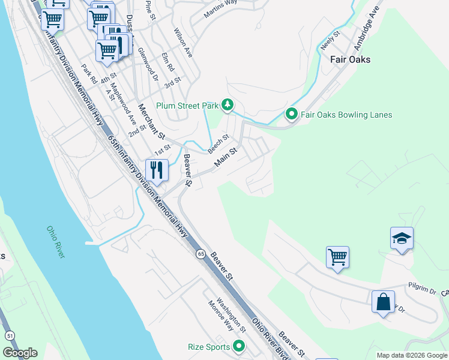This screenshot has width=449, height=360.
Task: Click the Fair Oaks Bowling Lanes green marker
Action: coord(291,114)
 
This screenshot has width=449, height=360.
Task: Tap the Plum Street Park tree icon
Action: coord(228,106)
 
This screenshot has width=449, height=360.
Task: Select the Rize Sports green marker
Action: coord(239,346)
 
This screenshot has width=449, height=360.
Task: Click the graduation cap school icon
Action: coord(402,239)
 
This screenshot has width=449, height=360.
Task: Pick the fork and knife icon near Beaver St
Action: coord(157,170)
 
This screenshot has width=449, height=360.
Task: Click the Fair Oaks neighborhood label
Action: coord(350,59)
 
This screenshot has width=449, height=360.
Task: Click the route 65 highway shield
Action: coord(200,254)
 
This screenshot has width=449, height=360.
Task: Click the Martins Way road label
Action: coord(220,10)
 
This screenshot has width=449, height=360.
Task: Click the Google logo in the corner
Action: coord(20,353)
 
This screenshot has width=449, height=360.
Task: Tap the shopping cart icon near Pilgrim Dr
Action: coord(338,257)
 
